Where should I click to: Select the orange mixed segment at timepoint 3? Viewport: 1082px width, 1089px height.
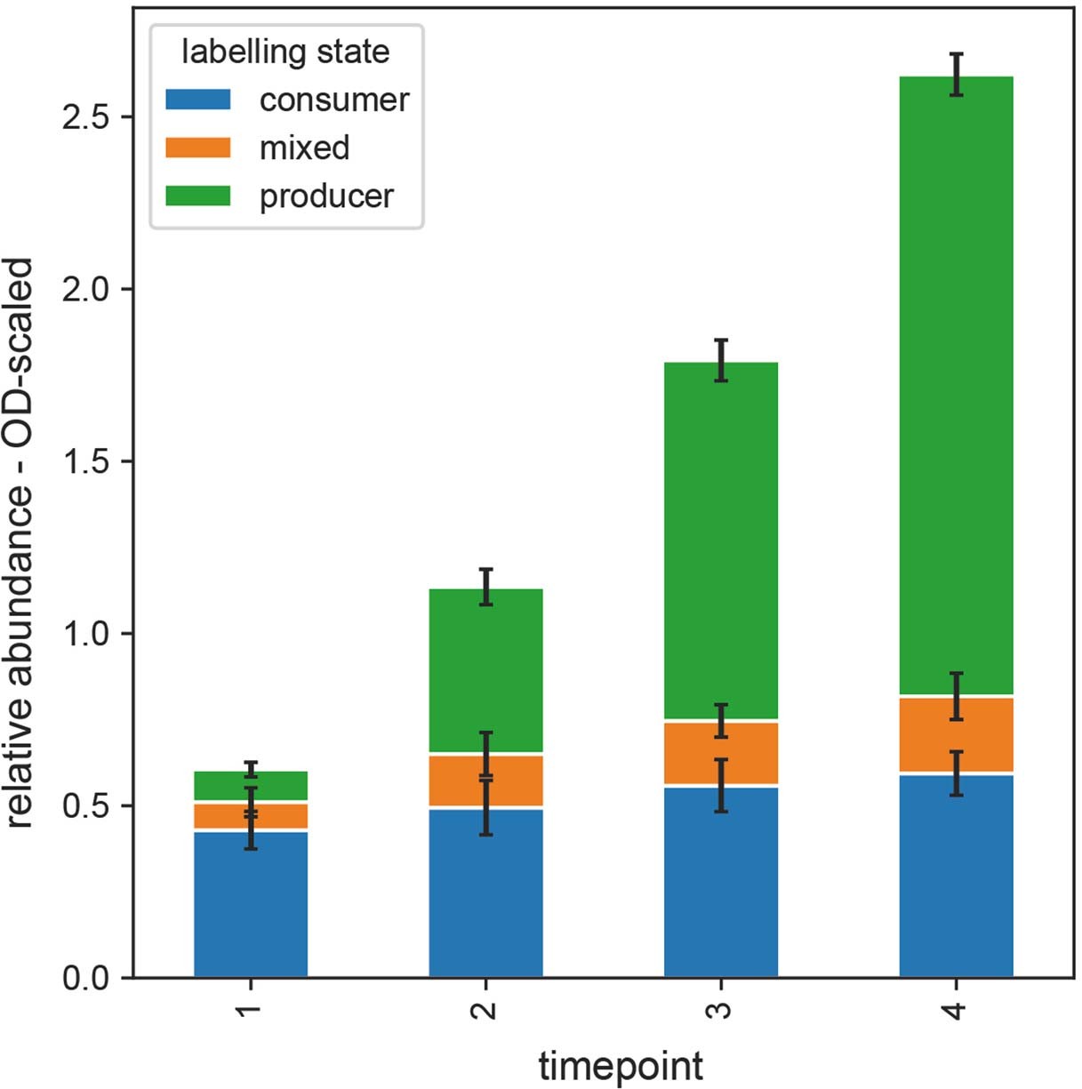click(721, 753)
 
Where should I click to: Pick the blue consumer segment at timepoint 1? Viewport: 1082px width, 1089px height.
click(251, 903)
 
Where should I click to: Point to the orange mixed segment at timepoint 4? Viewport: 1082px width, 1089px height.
click(956, 734)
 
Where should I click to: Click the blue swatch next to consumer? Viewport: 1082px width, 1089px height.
click(197, 100)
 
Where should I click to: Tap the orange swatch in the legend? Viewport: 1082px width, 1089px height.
click(197, 148)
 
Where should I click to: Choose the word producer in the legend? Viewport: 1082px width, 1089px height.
click(326, 196)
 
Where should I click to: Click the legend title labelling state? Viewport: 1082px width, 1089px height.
click(285, 52)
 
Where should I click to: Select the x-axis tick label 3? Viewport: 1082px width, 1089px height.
click(721, 1010)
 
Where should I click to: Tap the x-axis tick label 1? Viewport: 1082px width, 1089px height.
click(251, 1010)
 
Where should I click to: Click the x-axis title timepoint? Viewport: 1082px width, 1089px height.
click(621, 1066)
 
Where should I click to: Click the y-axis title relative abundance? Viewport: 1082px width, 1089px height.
click(20, 543)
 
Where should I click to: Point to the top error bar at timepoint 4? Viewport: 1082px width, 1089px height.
click(956, 75)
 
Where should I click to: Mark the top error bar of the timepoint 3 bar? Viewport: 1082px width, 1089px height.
click(721, 360)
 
